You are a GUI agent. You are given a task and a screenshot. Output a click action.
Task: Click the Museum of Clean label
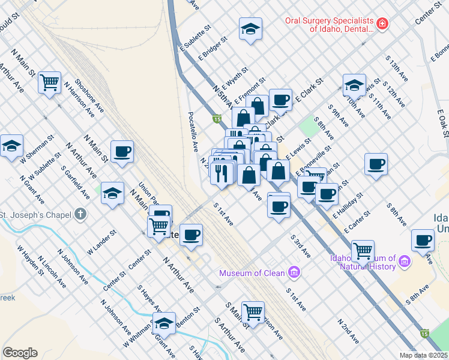tap(252, 273)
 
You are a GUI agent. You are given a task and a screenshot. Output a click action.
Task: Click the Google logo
tap(20, 353)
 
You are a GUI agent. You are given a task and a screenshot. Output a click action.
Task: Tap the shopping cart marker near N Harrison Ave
tap(49, 82)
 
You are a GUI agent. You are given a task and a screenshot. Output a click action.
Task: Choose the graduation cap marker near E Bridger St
tap(250, 28)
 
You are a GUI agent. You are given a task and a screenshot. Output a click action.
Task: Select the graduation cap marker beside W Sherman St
tap(11, 146)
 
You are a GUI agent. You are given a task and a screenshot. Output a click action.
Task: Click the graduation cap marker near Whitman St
tap(163, 323)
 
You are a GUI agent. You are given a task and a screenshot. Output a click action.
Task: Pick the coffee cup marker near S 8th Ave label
tap(376, 164)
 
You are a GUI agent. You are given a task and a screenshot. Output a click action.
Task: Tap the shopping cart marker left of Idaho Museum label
tap(363, 250)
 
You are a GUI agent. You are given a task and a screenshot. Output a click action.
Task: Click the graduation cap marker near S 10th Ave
tap(354, 84)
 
